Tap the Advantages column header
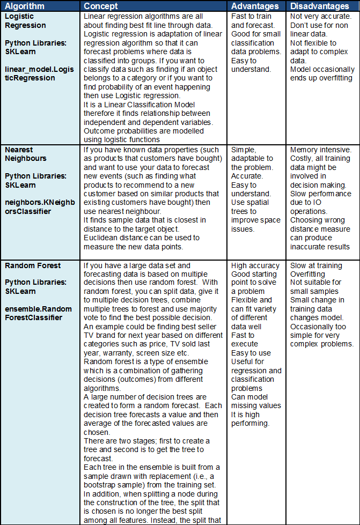pos(255,6)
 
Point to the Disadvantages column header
pos(319,6)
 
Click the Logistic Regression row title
pos(25,21)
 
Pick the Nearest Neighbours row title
pos(25,154)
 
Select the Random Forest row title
pos(33,265)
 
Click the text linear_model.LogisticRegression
pos(37,73)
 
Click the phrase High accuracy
pos(255,265)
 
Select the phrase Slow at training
pos(316,265)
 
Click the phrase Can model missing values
pos(256,401)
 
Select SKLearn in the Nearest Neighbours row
pos(20,185)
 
